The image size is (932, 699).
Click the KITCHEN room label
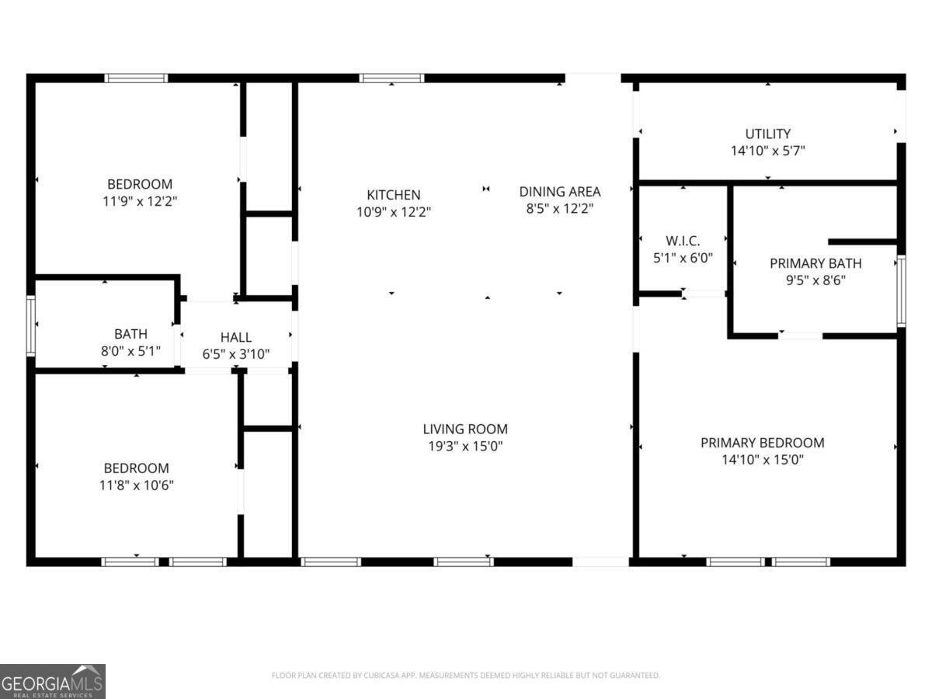coord(393,195)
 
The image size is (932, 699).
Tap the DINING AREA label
coord(559,192)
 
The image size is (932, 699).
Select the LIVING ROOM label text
coord(464,429)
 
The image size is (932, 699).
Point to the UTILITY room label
coord(767,134)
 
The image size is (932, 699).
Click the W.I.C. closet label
coord(683,241)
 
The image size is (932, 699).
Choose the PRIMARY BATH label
coord(815,263)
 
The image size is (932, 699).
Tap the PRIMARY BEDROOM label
coord(762,443)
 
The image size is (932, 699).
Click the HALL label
coord(235,337)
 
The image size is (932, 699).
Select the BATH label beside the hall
coord(130,334)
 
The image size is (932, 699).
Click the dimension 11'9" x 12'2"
coord(139,201)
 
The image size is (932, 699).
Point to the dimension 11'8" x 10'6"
coord(136,485)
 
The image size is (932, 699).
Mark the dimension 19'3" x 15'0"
coord(464,446)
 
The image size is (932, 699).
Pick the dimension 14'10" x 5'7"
coord(767,151)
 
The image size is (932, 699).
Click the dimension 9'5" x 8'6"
coord(815,280)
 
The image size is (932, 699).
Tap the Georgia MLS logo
coord(52,681)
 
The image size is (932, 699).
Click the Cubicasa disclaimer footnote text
coord(465,676)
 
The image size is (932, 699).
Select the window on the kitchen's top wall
coord(391,78)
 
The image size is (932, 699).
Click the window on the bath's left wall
coord(31,325)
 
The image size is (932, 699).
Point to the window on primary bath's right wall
coord(901,291)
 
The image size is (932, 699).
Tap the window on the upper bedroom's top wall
coord(136,78)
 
